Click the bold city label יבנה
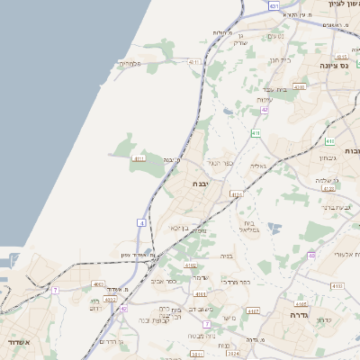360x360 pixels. [201, 184]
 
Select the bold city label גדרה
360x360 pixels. [299, 316]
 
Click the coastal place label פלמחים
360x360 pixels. [131, 64]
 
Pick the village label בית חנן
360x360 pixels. [282, 59]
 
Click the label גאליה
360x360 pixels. [258, 166]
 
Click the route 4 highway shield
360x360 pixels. [142, 222]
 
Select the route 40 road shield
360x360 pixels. [310, 256]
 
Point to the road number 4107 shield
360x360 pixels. [252, 310]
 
